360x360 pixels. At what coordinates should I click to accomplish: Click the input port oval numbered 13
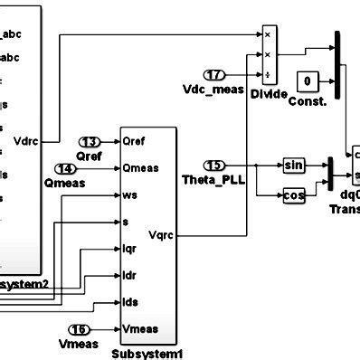point(90,142)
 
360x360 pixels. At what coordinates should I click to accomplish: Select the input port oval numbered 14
point(90,168)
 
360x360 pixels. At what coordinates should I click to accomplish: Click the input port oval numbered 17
point(213,75)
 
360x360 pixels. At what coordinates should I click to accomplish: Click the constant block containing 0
point(308,81)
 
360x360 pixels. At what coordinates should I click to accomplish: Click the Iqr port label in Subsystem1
point(130,247)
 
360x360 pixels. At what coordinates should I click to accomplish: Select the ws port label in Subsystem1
point(129,194)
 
